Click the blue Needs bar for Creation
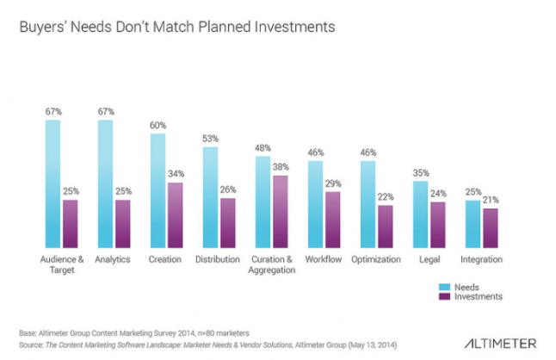pos(158,190)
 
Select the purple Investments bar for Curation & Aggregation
pos(281,211)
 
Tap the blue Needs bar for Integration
pos(473,224)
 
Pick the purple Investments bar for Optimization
pos(386,227)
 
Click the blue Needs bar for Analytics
pos(105,183)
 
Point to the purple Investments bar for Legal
pos(438,225)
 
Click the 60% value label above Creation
pos(158,125)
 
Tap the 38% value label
pos(281,167)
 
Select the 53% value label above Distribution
pos(210,139)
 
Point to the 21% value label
pos(491,200)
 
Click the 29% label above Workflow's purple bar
pos(333,183)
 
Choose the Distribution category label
pos(218,259)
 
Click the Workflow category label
pos(324,259)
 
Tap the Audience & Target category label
pos(62,264)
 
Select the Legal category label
pos(429,259)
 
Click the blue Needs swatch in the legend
pos(444,287)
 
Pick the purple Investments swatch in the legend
pos(444,296)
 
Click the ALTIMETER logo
pos(500,344)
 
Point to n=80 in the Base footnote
pos(206,333)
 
